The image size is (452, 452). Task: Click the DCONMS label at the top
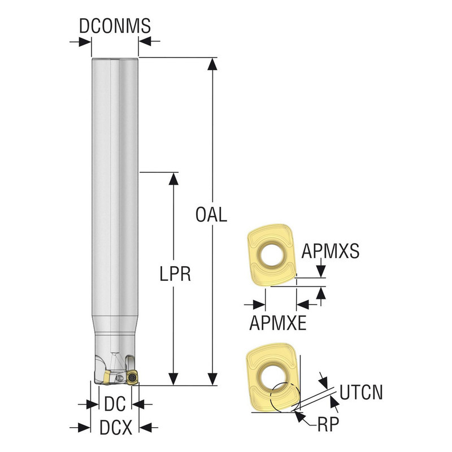coord(115,25)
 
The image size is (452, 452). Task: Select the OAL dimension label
coord(211,215)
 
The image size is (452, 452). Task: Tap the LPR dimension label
coord(174,275)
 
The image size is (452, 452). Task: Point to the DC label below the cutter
coord(115,404)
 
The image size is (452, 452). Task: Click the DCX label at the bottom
coord(115,427)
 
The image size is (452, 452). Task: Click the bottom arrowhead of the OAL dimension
coord(212,379)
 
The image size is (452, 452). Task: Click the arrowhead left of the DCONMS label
coord(85,41)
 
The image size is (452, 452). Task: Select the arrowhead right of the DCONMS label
coord(145,41)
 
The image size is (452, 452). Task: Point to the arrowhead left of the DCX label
coord(85,427)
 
